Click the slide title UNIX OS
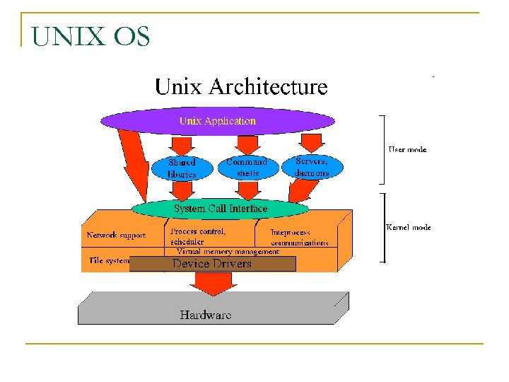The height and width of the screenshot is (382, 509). pyautogui.click(x=91, y=36)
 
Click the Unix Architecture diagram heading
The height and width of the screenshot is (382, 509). pyautogui.click(x=241, y=87)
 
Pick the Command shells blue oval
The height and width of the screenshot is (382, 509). pyautogui.click(x=247, y=167)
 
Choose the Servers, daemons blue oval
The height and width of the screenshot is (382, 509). pyautogui.click(x=312, y=167)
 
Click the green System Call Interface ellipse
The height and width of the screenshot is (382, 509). pyautogui.click(x=221, y=209)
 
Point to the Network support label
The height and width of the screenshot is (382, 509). pyautogui.click(x=116, y=235)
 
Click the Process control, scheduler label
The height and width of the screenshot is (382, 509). pyautogui.click(x=198, y=236)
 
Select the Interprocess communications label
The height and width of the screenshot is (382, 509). pyautogui.click(x=300, y=237)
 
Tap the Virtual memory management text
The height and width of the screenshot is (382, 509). pyautogui.click(x=228, y=251)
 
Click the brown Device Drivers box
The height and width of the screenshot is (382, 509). pyautogui.click(x=212, y=264)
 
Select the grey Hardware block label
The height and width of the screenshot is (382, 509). pyautogui.click(x=205, y=315)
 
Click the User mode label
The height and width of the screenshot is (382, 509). pyautogui.click(x=407, y=149)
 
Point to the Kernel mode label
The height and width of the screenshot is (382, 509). pyautogui.click(x=408, y=227)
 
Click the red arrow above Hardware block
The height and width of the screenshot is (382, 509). pyautogui.click(x=209, y=283)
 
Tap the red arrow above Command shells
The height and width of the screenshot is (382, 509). pyautogui.click(x=246, y=144)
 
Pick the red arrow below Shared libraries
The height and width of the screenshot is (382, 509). pyautogui.click(x=182, y=191)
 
